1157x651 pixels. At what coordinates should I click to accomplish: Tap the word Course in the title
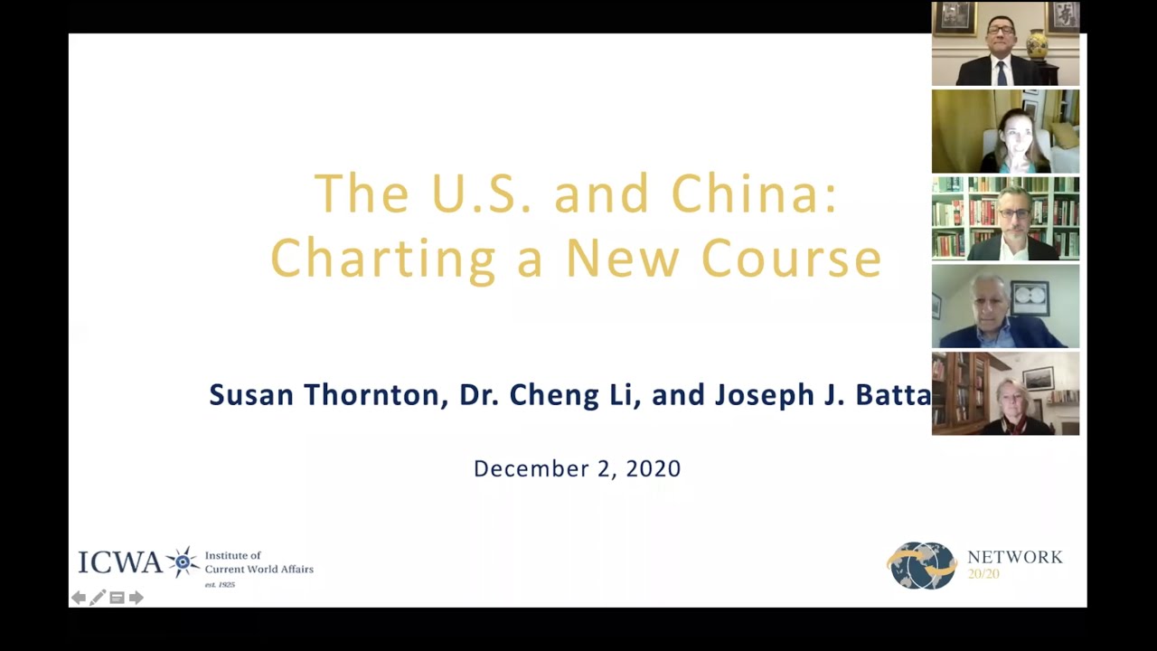[791, 258]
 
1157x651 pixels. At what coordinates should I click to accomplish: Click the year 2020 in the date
[652, 468]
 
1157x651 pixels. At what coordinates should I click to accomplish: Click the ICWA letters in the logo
[119, 562]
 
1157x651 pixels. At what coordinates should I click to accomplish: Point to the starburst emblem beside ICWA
[183, 561]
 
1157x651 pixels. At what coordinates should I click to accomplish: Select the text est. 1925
[220, 585]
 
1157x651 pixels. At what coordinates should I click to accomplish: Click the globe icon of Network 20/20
[922, 566]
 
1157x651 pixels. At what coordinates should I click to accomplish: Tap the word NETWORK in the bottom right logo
[1014, 557]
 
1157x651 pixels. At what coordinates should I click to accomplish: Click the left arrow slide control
[79, 598]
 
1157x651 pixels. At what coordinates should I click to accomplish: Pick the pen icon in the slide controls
[98, 598]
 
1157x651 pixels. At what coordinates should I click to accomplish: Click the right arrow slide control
[136, 598]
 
